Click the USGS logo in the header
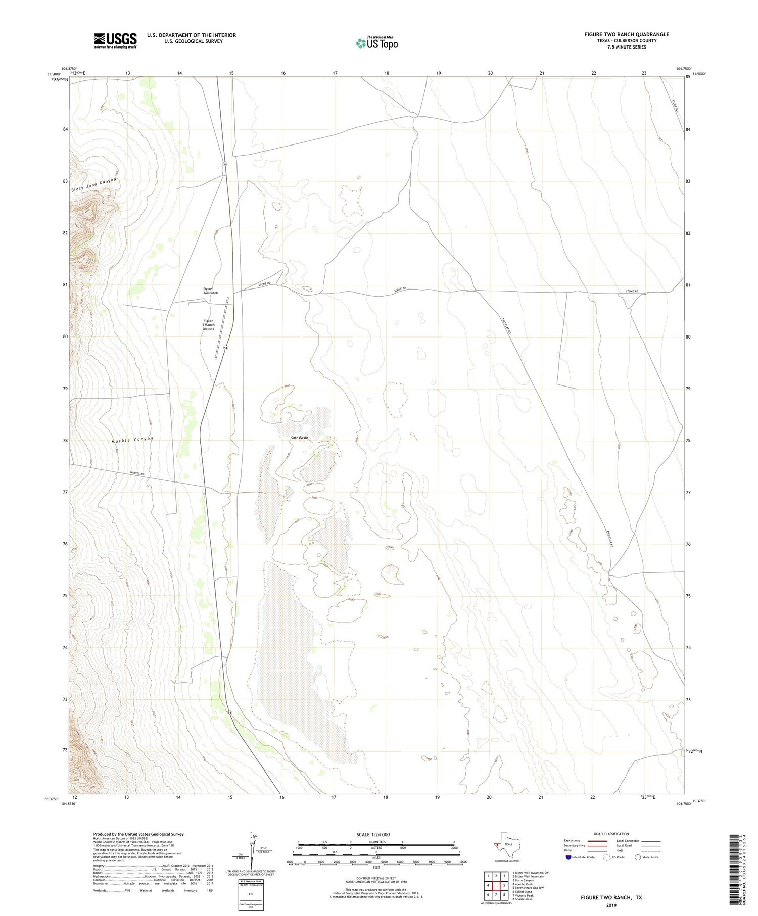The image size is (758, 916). click(x=115, y=40)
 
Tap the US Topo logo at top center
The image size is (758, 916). click(x=376, y=43)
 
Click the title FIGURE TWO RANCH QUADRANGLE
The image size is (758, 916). click(x=626, y=34)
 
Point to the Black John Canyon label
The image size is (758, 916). click(x=93, y=185)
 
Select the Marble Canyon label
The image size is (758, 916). click(x=132, y=440)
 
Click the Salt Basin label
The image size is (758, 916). click(x=299, y=438)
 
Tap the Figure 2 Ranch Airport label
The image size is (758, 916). click(x=208, y=325)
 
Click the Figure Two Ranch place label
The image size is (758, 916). click(x=210, y=291)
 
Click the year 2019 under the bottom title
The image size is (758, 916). click(x=611, y=904)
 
